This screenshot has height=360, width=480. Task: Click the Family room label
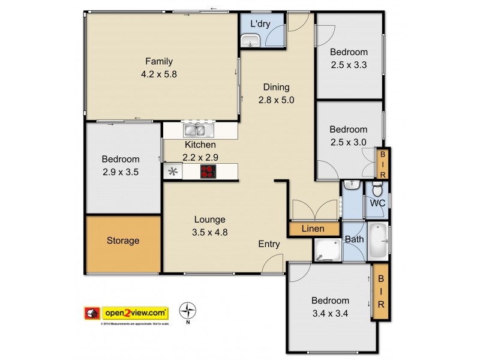pos(158,61)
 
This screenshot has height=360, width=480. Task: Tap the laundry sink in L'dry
pos(250,41)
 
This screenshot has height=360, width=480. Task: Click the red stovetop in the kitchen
pos(208,172)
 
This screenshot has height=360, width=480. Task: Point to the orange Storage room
pos(123,241)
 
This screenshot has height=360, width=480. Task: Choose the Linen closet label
pos(313,229)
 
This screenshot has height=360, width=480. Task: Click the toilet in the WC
pos(377,191)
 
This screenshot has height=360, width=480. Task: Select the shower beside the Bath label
pos(328,250)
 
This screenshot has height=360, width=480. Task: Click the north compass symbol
pos(188,311)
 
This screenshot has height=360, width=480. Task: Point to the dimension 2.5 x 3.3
pos(348,65)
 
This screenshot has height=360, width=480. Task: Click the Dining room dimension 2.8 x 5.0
pos(276,100)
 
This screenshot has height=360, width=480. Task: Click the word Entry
pos(269,244)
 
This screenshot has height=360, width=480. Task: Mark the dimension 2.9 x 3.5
pos(120,172)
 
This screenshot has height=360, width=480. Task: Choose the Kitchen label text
pos(200,145)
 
